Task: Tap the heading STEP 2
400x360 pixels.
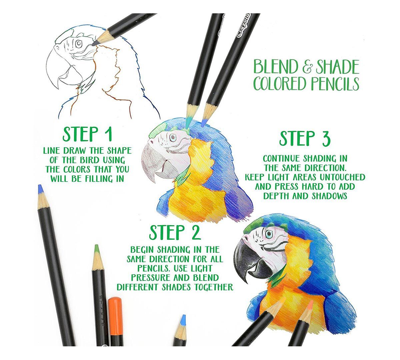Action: coord(175,232)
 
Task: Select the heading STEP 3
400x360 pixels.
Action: coord(305,138)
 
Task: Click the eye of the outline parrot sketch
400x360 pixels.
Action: coord(79,43)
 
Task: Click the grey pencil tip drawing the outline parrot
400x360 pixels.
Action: coord(95,44)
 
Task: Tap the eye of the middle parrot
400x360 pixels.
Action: coord(173,137)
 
